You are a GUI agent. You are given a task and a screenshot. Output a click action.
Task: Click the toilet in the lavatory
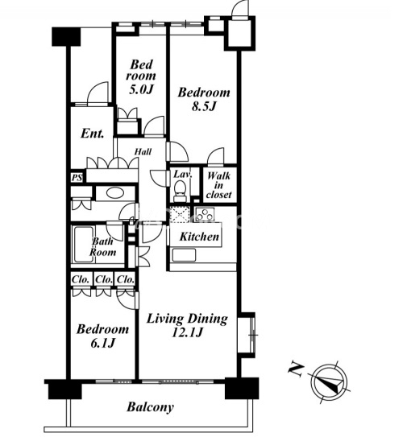pyautogui.click(x=180, y=191)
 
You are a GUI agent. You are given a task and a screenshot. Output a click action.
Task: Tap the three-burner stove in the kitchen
pyautogui.click(x=205, y=214)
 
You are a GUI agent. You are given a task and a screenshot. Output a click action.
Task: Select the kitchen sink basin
pyautogui.click(x=184, y=255)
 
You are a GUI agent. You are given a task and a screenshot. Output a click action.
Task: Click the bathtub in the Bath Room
pyautogui.click(x=83, y=244)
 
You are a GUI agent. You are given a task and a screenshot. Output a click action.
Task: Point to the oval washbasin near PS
pyautogui.click(x=114, y=193)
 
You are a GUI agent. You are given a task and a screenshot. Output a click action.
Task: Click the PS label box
pyautogui.click(x=77, y=178)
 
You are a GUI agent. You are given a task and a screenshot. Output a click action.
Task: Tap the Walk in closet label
pyautogui.click(x=219, y=185)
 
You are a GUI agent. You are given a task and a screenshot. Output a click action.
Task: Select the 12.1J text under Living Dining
pyautogui.click(x=187, y=332)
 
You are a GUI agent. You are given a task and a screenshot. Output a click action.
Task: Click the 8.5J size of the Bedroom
pyautogui.click(x=204, y=106)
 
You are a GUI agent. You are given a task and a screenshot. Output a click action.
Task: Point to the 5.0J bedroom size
pyautogui.click(x=142, y=89)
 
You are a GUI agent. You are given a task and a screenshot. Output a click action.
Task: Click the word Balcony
pyautogui.click(x=150, y=407)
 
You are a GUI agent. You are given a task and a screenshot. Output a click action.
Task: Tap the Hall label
pyautogui.click(x=143, y=152)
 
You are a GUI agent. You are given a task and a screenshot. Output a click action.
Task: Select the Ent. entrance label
pyautogui.click(x=93, y=134)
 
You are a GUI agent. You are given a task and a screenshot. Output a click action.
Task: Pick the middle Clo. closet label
pyautogui.click(x=104, y=279)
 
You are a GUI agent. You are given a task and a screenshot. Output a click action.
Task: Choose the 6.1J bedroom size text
pyautogui.click(x=102, y=344)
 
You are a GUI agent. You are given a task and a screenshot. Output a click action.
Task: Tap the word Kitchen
pyautogui.click(x=199, y=237)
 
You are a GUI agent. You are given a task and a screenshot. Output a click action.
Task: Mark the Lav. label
pyautogui.click(x=183, y=175)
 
